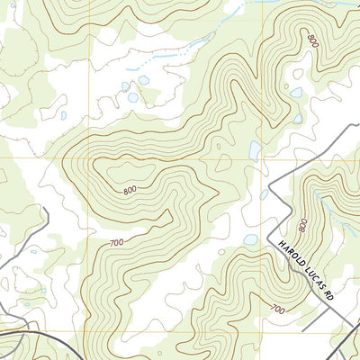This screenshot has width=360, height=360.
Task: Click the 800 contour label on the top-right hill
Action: pos(312,40)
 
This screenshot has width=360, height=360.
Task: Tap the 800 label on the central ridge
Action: pos(131,190)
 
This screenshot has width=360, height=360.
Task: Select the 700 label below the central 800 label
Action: pos(116,244)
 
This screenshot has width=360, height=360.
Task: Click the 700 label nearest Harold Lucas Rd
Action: pos(277,310)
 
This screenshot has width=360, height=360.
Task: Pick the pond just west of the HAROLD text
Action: pos(251,240)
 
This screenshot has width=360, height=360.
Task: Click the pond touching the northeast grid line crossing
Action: pos(255,150)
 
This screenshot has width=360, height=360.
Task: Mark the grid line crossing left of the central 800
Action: pos(88,158)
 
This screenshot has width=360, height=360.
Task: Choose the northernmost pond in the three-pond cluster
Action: pos(143,79)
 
